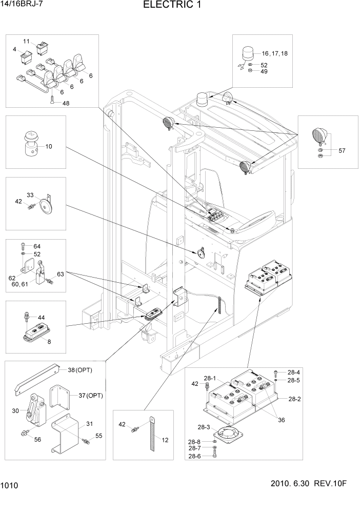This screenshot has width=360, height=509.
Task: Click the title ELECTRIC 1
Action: coord(172,6)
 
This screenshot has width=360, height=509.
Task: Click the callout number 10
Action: coord(49,146)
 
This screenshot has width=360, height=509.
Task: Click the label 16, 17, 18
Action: coord(275,54)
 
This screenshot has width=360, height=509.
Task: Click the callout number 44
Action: coord(41,318)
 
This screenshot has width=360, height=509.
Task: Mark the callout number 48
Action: coord(66,103)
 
